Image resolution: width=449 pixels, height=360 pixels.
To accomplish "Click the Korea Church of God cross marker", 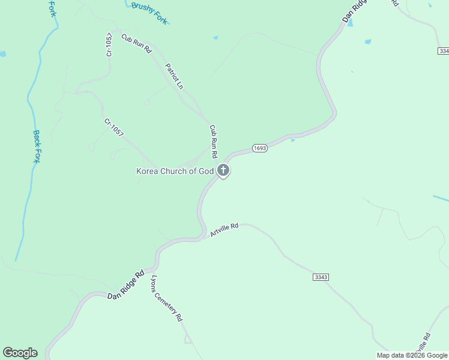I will (223, 171).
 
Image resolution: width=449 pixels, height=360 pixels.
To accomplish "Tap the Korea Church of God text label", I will (175, 171).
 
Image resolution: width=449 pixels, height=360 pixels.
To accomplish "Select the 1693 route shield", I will (259, 148).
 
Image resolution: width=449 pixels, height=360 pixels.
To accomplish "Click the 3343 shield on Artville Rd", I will (321, 277).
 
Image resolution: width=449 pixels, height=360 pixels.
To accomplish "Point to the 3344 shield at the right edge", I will (444, 51).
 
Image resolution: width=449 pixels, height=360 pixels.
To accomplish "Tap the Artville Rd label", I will (224, 230).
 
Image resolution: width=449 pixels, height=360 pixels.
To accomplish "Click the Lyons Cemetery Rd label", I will (166, 299).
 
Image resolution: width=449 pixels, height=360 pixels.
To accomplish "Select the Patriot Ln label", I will (173, 76).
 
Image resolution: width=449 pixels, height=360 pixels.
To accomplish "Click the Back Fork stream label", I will (37, 147).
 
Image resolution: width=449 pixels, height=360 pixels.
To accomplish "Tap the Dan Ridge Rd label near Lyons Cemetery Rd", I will (127, 284).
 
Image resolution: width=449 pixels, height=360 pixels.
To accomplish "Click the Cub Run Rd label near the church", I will (213, 138).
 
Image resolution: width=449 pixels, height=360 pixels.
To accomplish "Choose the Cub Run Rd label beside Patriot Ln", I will (136, 44).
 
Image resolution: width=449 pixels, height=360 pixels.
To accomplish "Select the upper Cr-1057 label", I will (109, 44).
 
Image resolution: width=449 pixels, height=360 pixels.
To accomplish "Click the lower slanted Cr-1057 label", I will (113, 128).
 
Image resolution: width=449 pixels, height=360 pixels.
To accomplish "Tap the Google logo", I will (20, 353).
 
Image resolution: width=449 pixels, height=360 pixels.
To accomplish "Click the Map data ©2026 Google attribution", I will (412, 355).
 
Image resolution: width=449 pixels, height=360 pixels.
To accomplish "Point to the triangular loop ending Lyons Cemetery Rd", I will (188, 340).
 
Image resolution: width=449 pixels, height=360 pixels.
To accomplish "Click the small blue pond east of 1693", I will (292, 140).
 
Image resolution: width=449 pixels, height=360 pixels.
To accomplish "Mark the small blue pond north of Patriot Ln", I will (215, 38).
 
